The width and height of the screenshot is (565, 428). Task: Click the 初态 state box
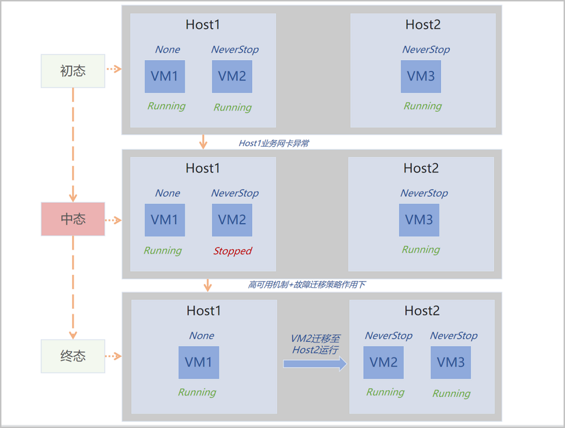[x=73, y=71]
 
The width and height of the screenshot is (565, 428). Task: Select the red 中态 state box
[x=73, y=219]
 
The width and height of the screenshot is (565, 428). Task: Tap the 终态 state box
[x=73, y=356]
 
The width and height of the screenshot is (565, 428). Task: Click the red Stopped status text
[x=233, y=251]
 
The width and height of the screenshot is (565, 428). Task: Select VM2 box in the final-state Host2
[x=383, y=362]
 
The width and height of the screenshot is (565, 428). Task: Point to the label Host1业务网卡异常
[x=274, y=143]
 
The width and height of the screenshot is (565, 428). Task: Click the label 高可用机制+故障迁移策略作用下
[x=307, y=285]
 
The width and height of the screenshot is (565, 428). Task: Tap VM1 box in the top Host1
[x=165, y=76]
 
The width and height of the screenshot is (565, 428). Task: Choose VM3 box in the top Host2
[x=421, y=76]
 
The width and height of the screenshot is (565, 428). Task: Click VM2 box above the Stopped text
[x=232, y=220]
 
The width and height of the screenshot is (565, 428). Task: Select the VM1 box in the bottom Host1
[x=199, y=362]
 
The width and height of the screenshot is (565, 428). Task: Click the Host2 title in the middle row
[x=421, y=168]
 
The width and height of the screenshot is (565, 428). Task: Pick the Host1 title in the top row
[x=202, y=24]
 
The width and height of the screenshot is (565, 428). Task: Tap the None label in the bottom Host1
[x=202, y=336]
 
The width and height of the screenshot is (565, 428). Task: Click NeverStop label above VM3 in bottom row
[x=453, y=336]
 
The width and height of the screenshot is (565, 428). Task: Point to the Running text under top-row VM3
[x=422, y=106]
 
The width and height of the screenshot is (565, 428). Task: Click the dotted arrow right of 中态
[x=113, y=220]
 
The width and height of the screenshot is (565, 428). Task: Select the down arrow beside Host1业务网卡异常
[x=203, y=141]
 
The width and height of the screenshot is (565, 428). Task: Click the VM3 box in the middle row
[x=419, y=220]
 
